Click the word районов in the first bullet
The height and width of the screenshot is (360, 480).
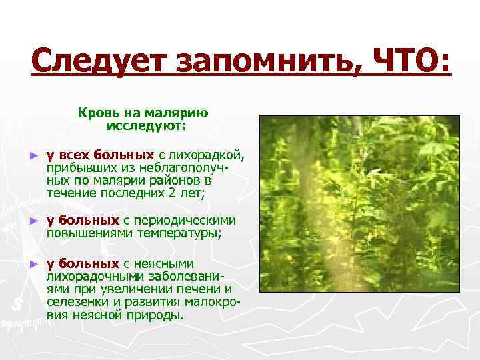[x=179, y=181]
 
